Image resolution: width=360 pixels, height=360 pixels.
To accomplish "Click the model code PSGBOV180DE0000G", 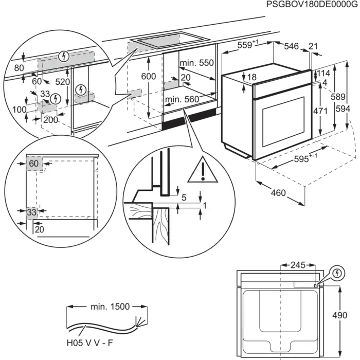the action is [x=312, y=5].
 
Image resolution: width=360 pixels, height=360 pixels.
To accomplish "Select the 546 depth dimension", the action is [x=292, y=46].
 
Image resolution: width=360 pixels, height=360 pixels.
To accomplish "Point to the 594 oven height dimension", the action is [x=343, y=109].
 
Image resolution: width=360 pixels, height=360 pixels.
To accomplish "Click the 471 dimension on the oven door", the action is [x=320, y=111].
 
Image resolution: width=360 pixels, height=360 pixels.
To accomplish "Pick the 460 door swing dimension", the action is [x=278, y=193].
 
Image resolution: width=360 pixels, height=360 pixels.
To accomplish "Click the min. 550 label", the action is [x=197, y=63].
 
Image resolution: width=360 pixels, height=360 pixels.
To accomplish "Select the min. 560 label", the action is [x=182, y=99].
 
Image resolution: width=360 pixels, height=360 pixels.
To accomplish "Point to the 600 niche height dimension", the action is [x=149, y=76].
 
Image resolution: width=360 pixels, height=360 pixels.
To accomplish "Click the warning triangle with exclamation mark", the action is [x=203, y=170].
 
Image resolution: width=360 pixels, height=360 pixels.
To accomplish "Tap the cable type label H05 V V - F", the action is [x=90, y=343].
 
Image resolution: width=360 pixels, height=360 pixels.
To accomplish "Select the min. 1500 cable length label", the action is [x=110, y=307].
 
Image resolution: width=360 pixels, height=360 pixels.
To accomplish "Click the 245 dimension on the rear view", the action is [x=298, y=265].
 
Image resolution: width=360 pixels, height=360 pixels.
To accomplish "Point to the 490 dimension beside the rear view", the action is [x=340, y=315].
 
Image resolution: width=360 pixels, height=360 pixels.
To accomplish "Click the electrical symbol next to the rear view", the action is [x=337, y=273].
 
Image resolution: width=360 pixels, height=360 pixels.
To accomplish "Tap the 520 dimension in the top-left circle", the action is [x=62, y=82].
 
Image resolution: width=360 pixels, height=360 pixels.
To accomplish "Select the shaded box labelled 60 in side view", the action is [x=34, y=164].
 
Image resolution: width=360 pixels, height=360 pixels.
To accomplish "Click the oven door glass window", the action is [x=283, y=122].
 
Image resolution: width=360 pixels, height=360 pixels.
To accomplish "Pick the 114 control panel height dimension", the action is [x=323, y=73].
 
